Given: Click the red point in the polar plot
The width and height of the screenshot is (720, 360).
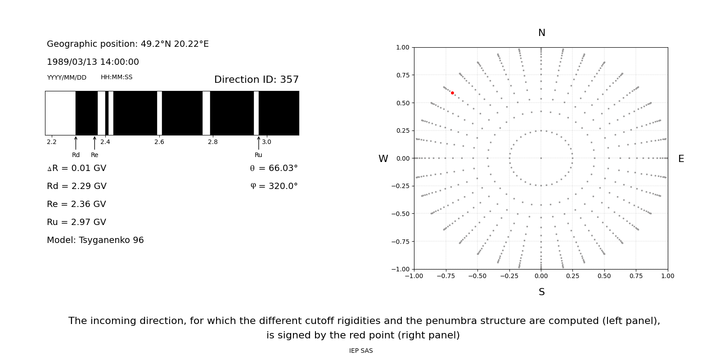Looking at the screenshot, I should [452, 93].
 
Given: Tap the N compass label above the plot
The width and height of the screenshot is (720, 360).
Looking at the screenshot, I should [541, 33].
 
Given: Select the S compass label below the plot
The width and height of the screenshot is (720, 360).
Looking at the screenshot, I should [541, 292].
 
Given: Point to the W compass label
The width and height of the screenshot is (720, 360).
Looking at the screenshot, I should [383, 159].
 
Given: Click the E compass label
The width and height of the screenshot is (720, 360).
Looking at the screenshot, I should [681, 159].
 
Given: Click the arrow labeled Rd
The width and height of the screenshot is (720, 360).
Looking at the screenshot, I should [76, 143].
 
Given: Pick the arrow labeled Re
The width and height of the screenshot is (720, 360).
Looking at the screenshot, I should [94, 143].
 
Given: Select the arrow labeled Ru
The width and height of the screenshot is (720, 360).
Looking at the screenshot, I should [258, 143].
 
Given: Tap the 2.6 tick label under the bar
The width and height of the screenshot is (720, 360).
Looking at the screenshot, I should [159, 142].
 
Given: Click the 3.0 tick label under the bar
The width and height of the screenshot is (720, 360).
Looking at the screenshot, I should [266, 142].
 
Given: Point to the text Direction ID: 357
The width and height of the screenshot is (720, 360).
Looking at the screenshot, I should [256, 80].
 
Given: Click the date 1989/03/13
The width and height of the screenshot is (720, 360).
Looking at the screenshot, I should [70, 62].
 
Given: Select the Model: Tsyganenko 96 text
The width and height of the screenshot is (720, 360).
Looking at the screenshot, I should [95, 240].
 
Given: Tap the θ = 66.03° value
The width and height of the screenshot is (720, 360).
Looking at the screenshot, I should [274, 168].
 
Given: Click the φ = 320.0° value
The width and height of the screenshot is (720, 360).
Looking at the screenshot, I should [274, 186].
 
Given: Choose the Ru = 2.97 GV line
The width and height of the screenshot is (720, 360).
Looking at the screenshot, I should [76, 222].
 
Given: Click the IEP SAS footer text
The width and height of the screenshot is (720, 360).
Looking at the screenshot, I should [361, 351].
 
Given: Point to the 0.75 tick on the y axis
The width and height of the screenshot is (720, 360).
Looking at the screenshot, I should [402, 75].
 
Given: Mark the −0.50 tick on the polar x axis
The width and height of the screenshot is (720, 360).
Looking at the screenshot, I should [477, 276].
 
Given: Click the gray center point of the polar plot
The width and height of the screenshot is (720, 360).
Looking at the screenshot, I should [541, 158].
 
